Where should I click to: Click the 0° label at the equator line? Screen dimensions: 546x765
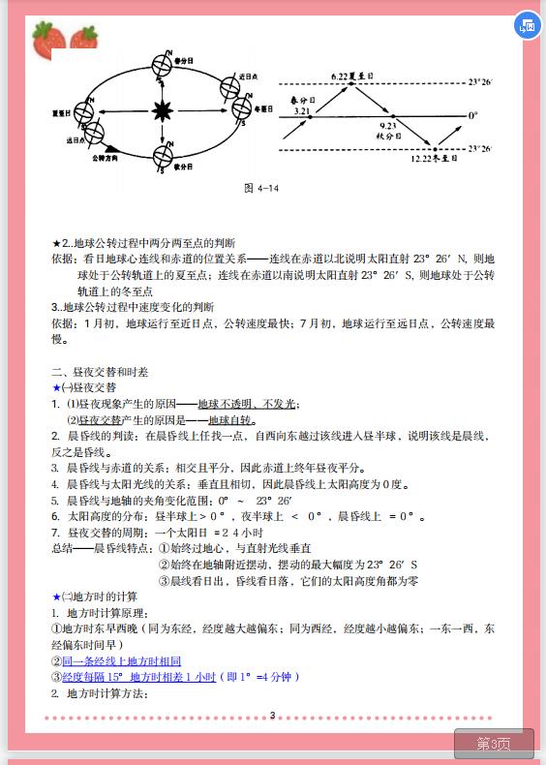(x=473, y=115)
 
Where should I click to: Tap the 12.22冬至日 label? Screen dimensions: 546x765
(x=432, y=158)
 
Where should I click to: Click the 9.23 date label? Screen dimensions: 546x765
(x=388, y=126)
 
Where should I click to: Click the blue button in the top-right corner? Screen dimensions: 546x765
(x=527, y=26)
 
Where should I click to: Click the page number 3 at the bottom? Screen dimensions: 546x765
(x=272, y=716)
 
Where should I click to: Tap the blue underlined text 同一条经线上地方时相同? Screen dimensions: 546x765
(x=121, y=660)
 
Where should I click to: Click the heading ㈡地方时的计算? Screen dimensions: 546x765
(x=99, y=597)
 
